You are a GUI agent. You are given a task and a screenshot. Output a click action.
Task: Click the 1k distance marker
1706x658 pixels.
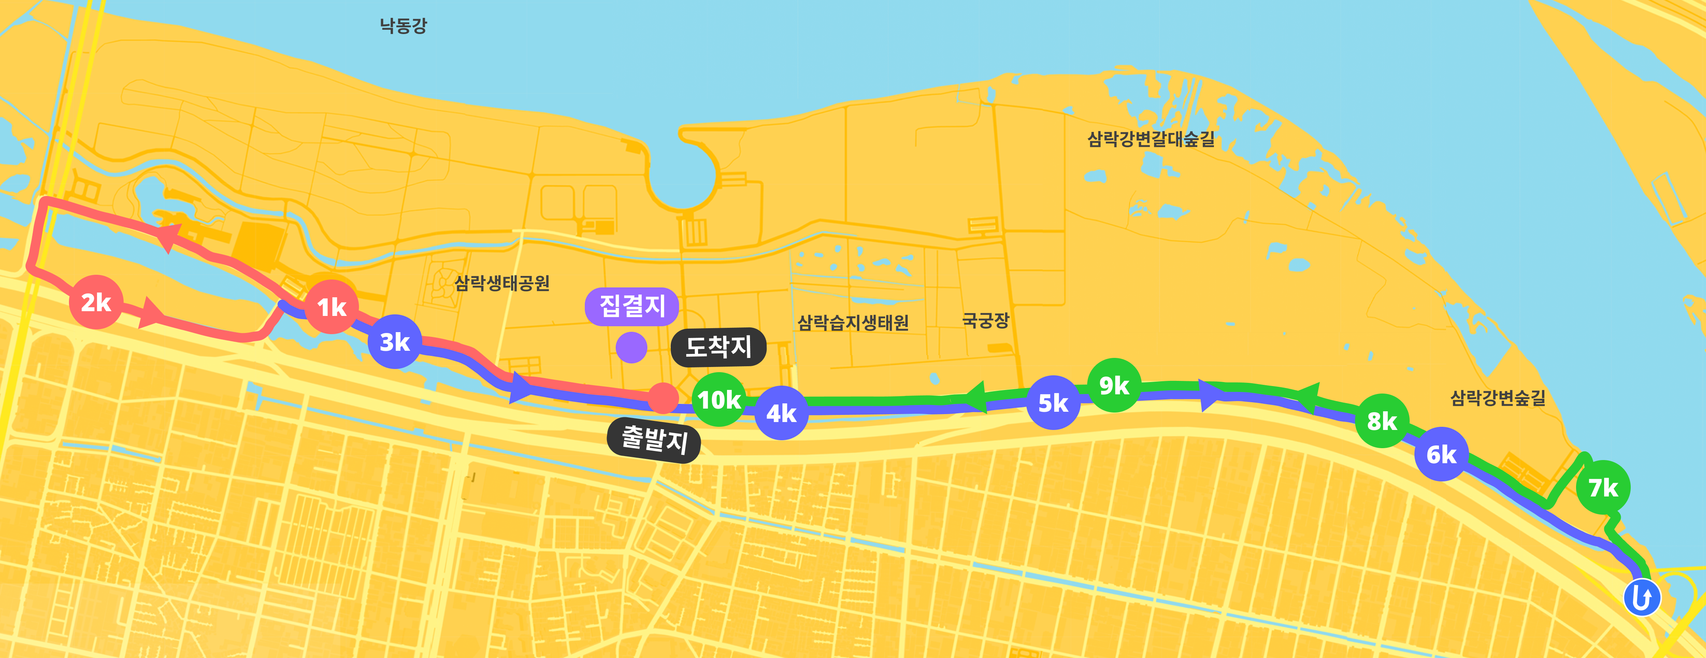click(332, 307)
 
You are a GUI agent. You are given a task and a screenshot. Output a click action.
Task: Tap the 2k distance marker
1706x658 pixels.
click(96, 302)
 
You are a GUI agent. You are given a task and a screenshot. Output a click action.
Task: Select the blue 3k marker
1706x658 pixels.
click(395, 342)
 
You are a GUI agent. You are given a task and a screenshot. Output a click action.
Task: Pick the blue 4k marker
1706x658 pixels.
click(781, 413)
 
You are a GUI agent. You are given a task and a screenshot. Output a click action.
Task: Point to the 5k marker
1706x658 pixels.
click(1053, 403)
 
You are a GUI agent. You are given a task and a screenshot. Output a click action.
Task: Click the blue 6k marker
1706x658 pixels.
click(1441, 455)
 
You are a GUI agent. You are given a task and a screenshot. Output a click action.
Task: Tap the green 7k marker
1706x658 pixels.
click(1603, 488)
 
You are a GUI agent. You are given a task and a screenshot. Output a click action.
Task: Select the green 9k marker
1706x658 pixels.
click(1114, 385)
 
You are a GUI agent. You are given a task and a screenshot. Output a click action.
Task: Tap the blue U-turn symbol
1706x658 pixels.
click(1642, 598)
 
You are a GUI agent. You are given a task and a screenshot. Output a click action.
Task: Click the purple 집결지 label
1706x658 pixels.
click(632, 306)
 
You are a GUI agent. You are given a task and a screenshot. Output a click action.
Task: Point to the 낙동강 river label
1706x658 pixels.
click(403, 26)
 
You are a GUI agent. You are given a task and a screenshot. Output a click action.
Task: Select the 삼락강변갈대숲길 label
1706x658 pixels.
click(1151, 139)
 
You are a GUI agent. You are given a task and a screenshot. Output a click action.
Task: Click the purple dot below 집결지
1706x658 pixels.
click(631, 348)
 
